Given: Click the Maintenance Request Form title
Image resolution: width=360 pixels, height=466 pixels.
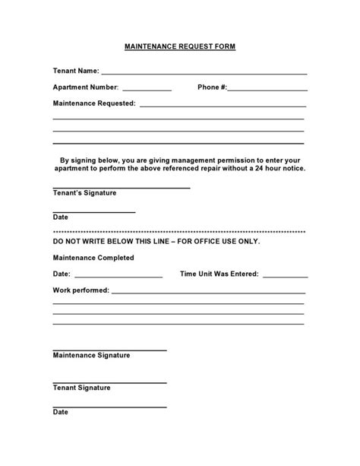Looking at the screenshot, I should tap(180, 47).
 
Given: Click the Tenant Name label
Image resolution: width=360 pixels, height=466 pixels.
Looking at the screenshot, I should tap(76, 71).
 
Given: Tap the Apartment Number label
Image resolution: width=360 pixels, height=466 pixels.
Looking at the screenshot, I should tap(86, 87).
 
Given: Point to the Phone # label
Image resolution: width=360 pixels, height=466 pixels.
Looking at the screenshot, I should tap(212, 87).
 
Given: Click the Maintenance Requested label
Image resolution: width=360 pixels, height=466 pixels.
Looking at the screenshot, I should tap(94, 103).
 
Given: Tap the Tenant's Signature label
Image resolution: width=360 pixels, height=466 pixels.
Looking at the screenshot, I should tap(84, 193).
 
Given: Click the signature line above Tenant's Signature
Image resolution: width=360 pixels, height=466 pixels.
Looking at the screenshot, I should tap(121, 187).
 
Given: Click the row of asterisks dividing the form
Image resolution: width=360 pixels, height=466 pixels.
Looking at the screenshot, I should tap(179, 231).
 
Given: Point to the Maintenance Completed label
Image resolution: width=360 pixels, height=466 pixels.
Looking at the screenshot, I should tap(93, 258).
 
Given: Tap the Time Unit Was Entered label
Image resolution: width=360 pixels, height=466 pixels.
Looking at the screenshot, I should tap(219, 274).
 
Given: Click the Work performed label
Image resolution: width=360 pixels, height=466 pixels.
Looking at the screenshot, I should tap(81, 290).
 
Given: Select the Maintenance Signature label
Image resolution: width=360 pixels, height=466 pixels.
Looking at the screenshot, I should tap(91, 355).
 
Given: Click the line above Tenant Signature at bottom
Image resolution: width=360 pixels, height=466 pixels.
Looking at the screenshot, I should tap(109, 382).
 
